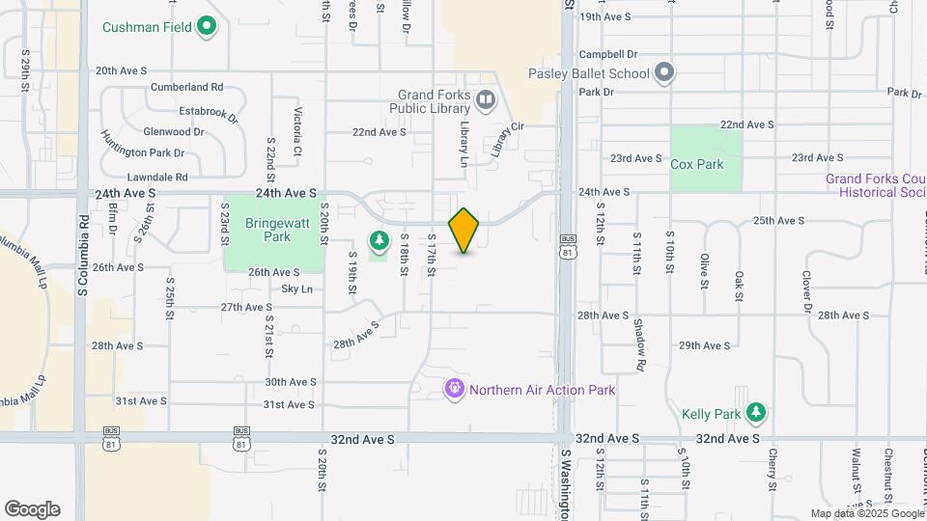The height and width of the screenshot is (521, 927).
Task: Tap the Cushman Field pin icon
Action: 206,26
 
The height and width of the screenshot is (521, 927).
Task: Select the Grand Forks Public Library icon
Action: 486,97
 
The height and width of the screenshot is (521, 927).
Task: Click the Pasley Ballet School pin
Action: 663,72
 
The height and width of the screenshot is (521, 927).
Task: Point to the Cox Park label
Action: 697,164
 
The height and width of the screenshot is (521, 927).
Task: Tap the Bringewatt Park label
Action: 268,230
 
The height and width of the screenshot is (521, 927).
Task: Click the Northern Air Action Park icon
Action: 455,390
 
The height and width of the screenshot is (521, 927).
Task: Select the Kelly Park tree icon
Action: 757,413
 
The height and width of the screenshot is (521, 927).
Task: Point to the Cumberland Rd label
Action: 186,86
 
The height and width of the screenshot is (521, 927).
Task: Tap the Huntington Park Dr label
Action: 142,152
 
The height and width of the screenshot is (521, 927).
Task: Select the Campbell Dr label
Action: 609,55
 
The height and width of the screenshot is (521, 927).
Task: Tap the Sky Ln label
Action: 296,288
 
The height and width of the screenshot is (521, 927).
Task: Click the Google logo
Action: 32,509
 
